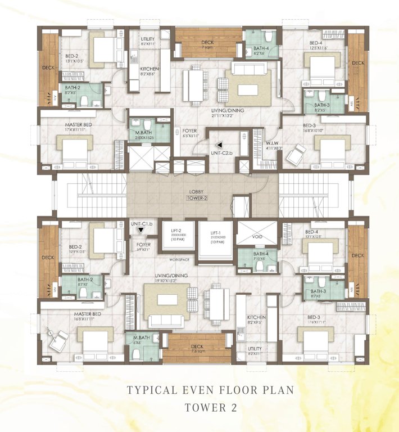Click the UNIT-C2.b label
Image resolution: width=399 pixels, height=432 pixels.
221,152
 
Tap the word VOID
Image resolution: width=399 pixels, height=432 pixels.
254,238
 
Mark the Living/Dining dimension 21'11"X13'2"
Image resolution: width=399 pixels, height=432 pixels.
228,115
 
